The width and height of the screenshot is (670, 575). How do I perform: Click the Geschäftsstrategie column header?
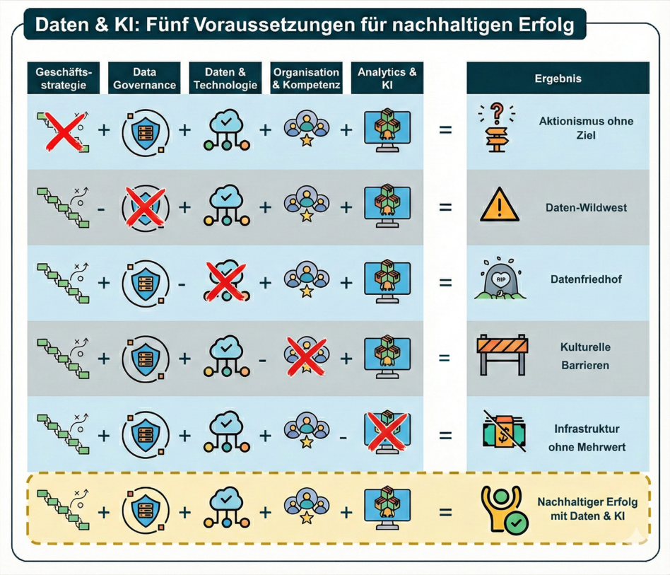pos(64,78)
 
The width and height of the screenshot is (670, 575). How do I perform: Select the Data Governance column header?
pos(145,78)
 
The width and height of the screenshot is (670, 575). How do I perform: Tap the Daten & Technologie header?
pos(225,78)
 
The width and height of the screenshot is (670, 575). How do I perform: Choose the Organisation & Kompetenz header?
pos(307,78)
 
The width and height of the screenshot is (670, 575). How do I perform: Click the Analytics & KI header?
pos(387,78)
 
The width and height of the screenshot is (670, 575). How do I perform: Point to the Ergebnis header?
pos(558,78)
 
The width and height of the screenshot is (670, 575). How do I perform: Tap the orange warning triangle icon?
pos(500,206)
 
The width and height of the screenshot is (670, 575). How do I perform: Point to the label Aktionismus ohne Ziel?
pos(587,127)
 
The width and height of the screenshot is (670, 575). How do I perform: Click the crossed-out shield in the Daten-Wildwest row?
pos(144,207)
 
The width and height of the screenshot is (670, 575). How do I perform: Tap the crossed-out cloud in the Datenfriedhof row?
pos(225,279)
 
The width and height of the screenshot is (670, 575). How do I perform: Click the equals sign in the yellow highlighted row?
pos(445,509)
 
